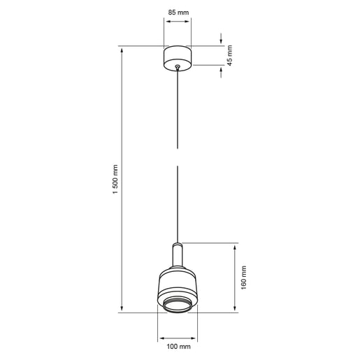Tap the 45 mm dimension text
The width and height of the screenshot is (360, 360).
tap(229, 56)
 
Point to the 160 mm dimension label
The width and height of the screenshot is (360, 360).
tap(244, 278)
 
